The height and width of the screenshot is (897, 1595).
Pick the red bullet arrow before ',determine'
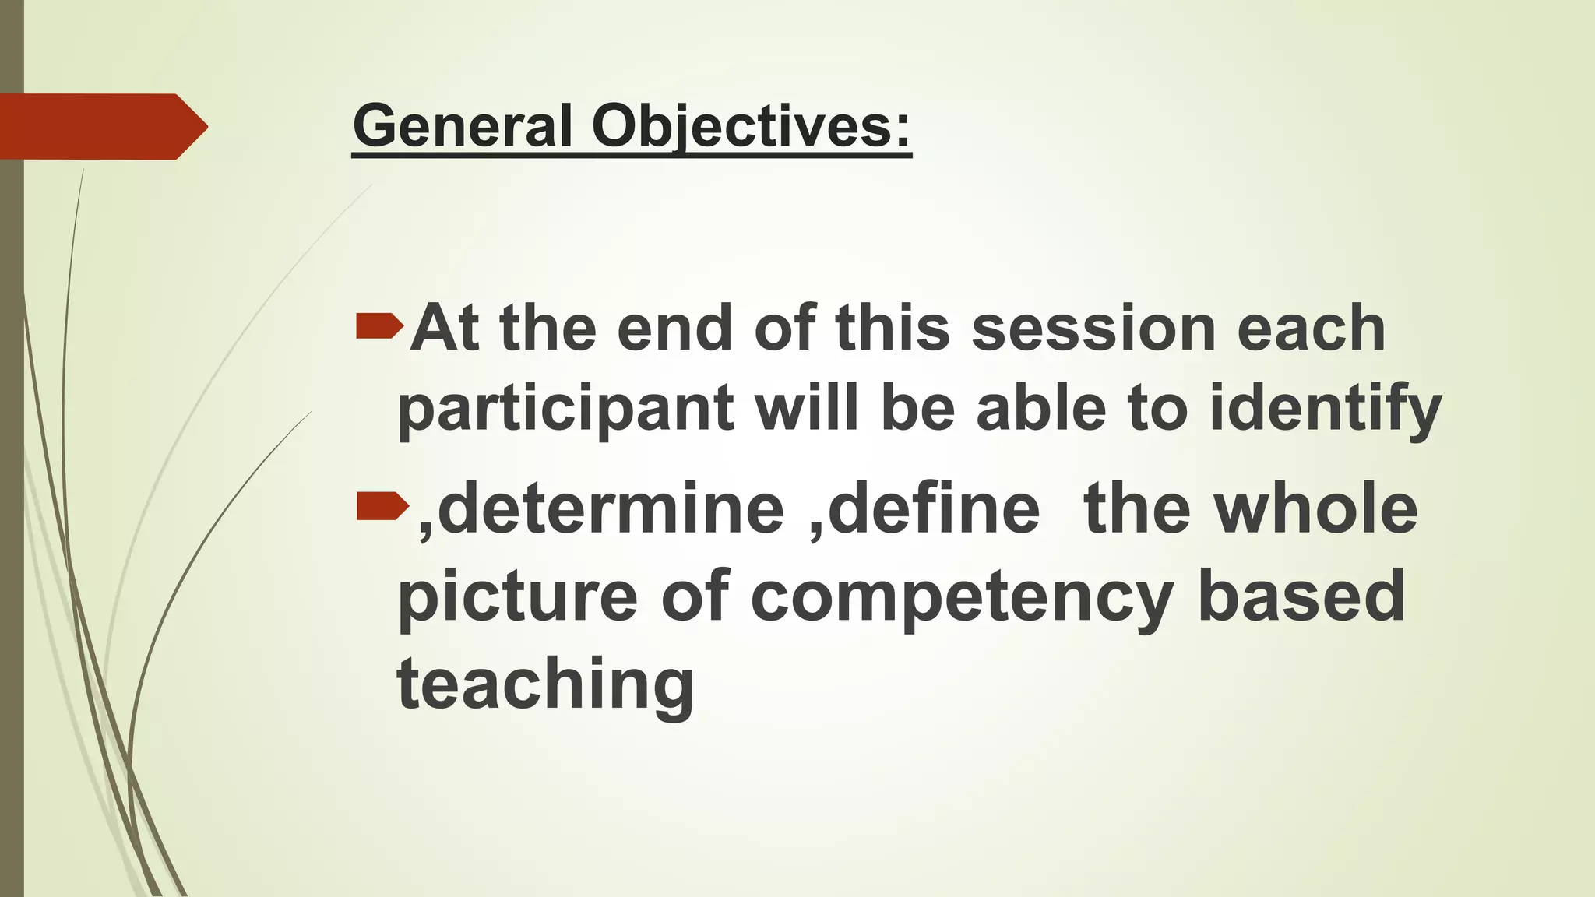coord(382,507)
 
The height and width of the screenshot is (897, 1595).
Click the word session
coord(1093,329)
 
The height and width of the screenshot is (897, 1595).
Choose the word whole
coord(1316,509)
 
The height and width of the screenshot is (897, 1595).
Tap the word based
coord(1301,596)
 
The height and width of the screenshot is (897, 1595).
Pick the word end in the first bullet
coord(674,329)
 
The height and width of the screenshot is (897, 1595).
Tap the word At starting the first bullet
coord(444,329)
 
